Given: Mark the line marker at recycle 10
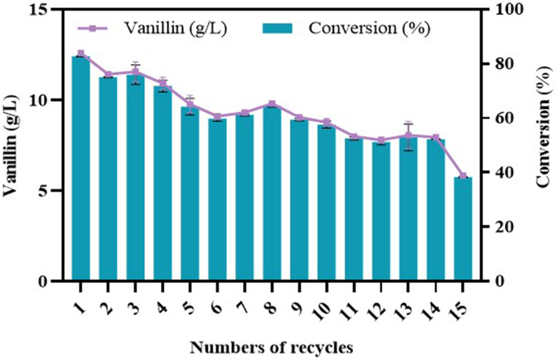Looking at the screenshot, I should coord(326,122).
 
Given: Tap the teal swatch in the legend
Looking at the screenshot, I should coord(281,28).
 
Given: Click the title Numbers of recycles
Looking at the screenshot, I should coord(272,348).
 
